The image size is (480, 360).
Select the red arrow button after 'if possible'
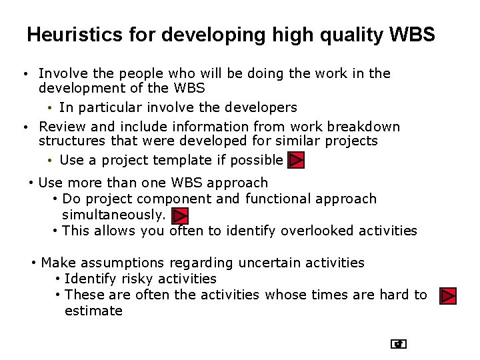pos(296,161)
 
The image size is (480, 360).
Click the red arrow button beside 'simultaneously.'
pos(180,215)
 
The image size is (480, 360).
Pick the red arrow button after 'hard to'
pos(448,295)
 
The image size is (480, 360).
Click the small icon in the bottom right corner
pos(399,344)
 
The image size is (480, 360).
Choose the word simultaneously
pos(113,215)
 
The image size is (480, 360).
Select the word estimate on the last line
pos(93,311)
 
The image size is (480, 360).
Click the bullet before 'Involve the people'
pos(23,74)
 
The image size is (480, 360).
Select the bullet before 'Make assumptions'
pos(33,263)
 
